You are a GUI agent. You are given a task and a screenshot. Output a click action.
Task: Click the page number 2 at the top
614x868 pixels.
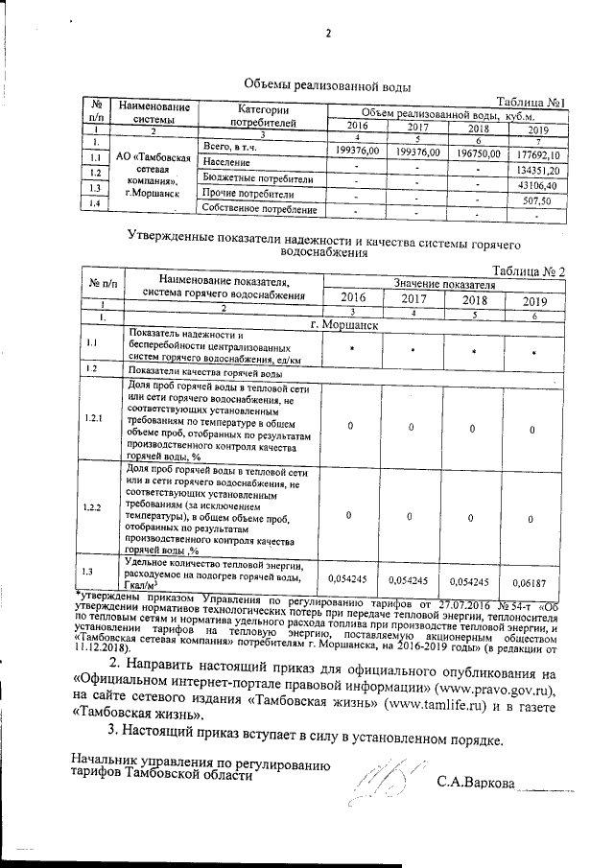[x=327, y=35]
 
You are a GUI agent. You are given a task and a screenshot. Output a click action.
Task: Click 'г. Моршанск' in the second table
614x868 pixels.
[x=343, y=325]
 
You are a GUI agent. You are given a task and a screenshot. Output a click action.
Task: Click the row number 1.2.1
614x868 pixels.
[x=95, y=418]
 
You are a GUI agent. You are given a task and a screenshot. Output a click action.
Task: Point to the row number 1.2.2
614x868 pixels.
[x=95, y=506]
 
